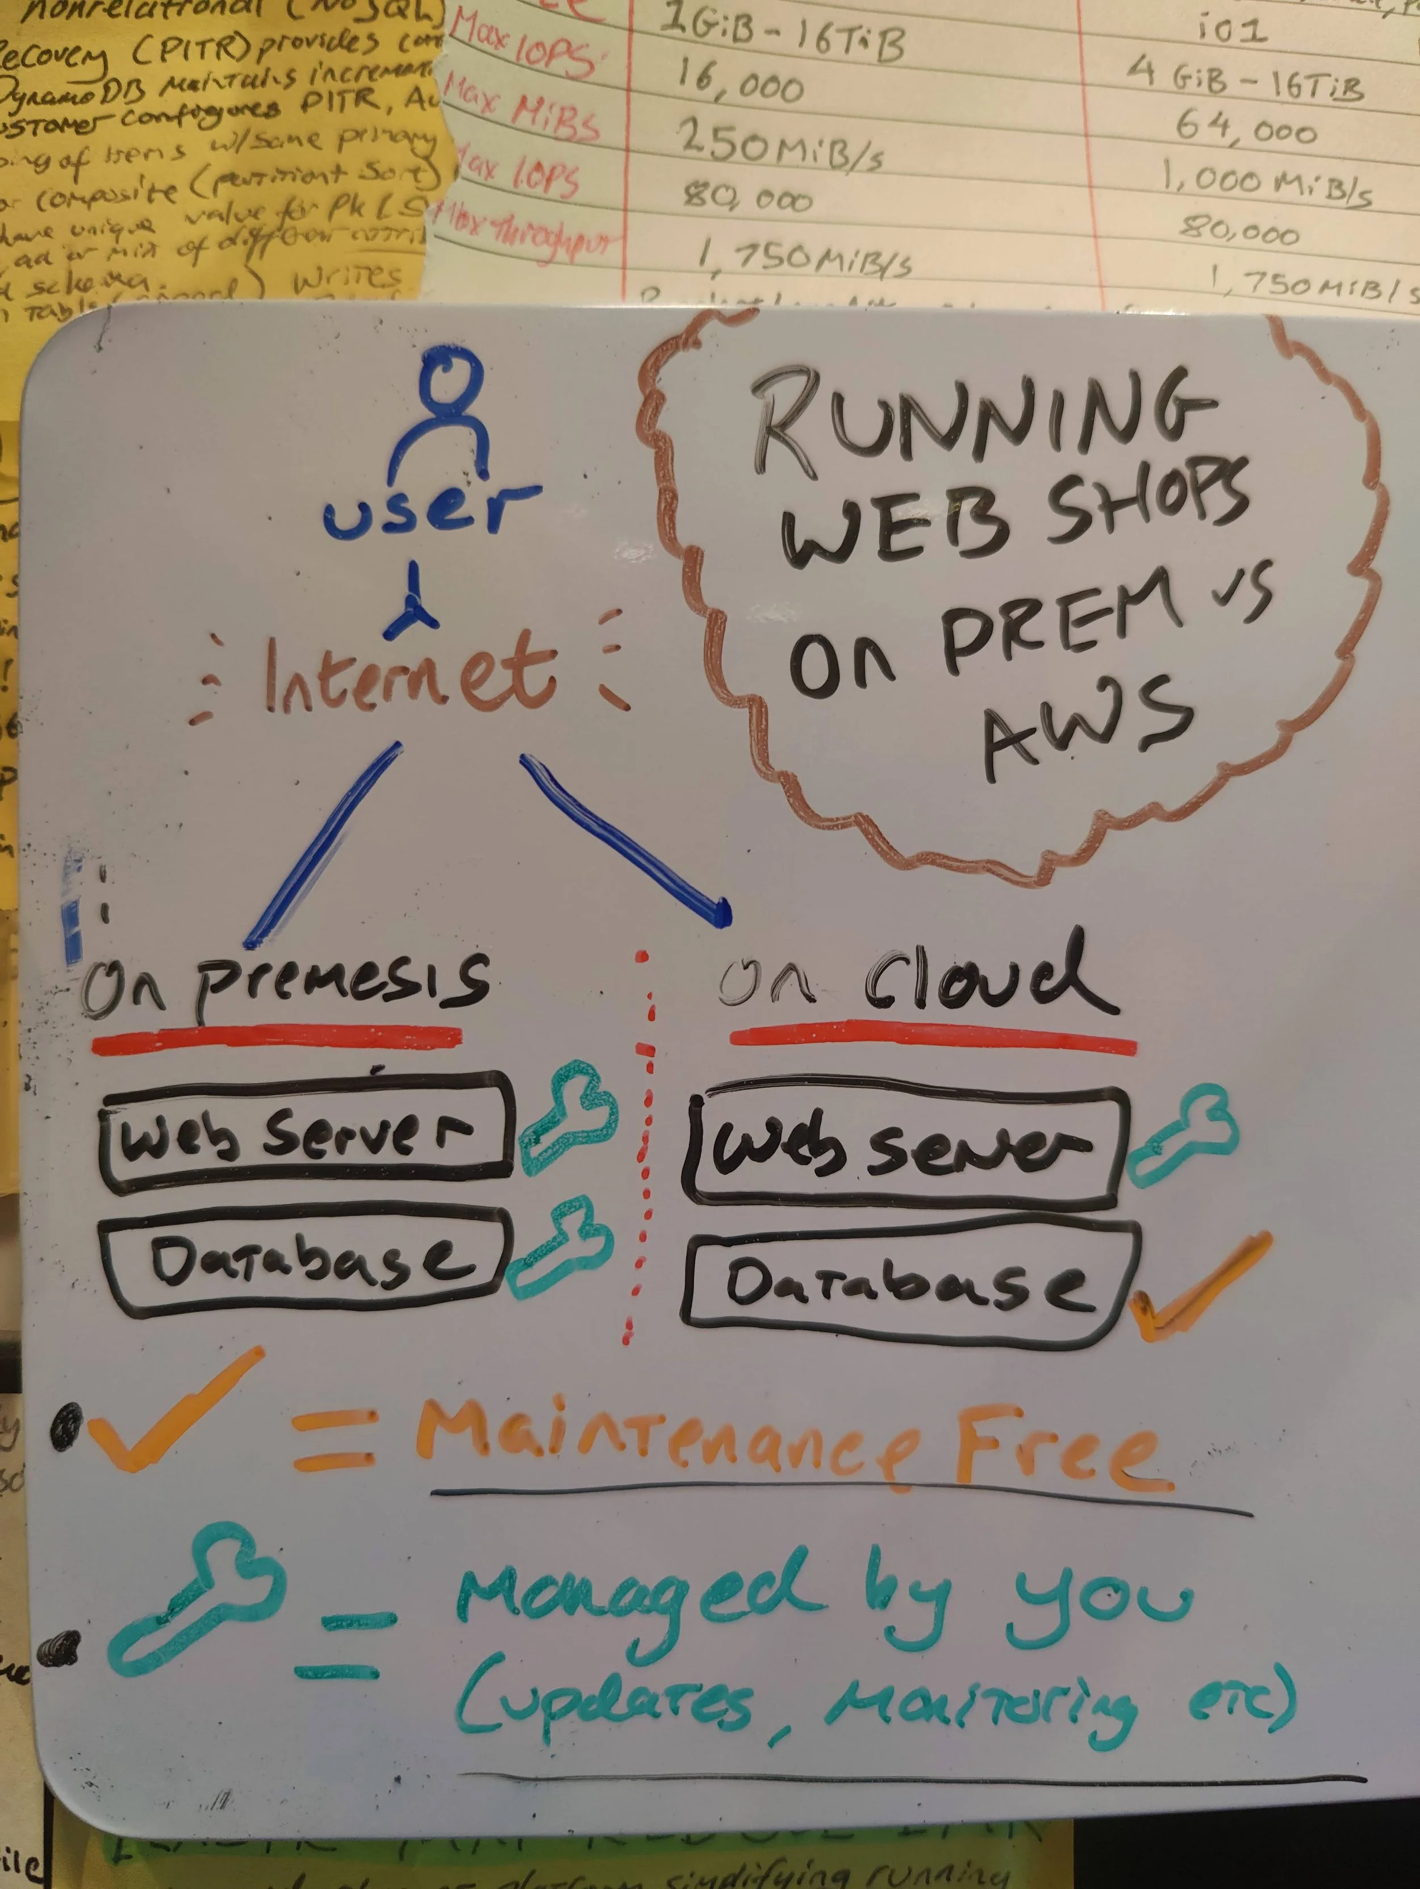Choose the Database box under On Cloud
point(909,1285)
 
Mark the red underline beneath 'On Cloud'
point(933,1034)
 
